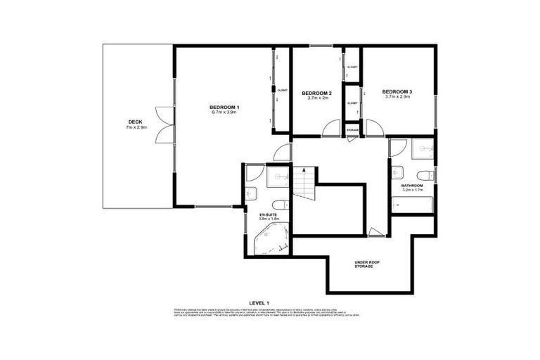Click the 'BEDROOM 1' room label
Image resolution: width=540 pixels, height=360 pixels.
point(224,106)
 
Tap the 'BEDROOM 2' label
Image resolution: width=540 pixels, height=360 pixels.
point(316,93)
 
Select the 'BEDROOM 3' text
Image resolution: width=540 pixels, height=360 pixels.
point(397,91)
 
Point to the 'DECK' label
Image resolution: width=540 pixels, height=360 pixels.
point(135,122)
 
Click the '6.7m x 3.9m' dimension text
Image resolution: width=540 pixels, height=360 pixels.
point(224,112)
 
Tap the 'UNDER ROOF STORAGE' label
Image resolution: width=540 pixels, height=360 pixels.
point(364,264)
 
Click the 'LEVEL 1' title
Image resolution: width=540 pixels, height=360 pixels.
point(269,302)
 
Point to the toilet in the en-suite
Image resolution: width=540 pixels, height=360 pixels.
point(254,194)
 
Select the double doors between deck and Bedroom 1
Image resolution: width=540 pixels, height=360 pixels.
point(164,125)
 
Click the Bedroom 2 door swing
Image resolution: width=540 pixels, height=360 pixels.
point(328,128)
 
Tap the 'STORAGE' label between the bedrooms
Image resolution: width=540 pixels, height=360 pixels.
point(352,130)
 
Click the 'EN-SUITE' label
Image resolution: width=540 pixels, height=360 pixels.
point(268,213)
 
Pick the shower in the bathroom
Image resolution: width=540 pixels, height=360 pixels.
point(423,148)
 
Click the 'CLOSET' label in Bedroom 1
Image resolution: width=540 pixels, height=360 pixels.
point(282,90)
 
